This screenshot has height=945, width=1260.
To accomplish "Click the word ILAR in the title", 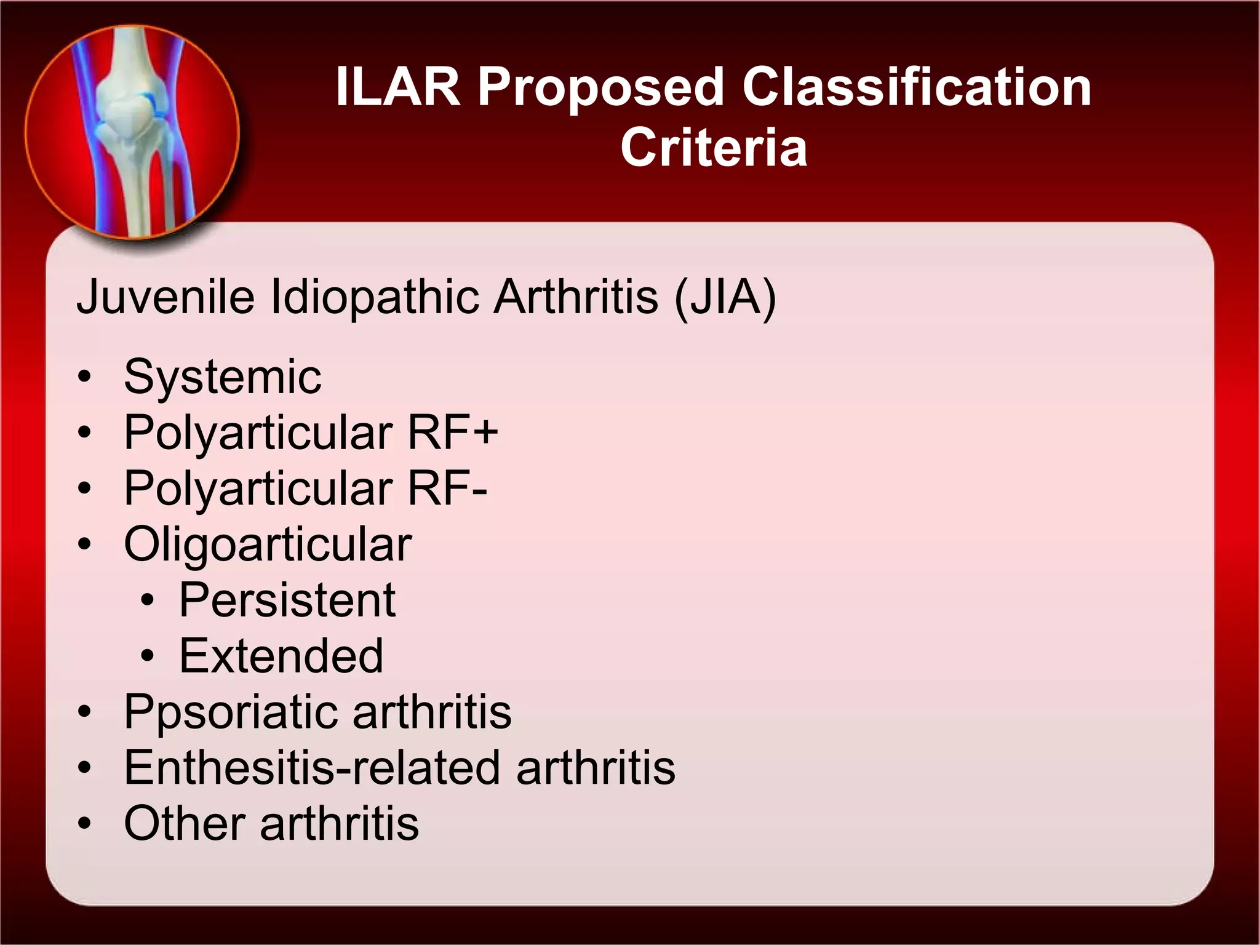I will [398, 87].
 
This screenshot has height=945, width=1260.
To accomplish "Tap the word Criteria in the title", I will [714, 148].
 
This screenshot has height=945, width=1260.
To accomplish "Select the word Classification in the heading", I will [917, 87].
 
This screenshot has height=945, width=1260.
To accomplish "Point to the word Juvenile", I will [165, 297].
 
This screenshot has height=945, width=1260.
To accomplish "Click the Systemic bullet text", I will [222, 377].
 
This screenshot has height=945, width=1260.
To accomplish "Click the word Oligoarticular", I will [268, 544].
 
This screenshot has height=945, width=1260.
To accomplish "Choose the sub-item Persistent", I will [287, 600].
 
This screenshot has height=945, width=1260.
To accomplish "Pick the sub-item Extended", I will [281, 656].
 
